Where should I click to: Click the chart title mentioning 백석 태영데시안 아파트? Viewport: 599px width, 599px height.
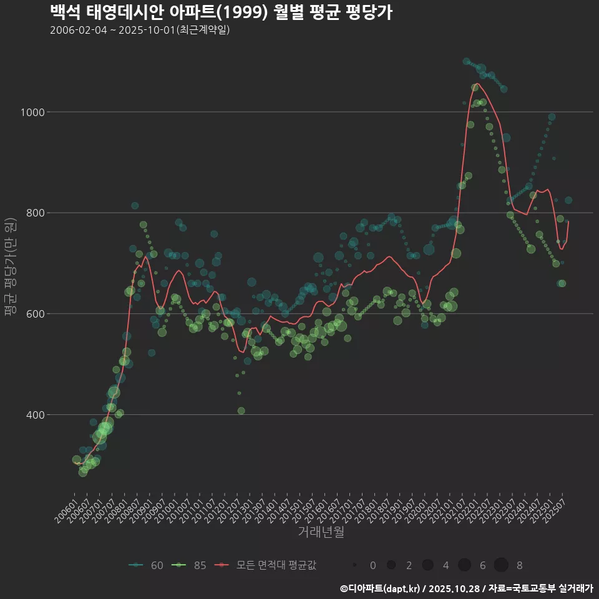pos(221,12)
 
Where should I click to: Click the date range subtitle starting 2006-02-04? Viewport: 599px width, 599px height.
pos(140,30)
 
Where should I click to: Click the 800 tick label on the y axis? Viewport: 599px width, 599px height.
pos(32,213)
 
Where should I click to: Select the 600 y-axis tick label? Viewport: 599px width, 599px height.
pos(32,314)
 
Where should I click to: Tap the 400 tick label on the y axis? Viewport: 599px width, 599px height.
pos(32,415)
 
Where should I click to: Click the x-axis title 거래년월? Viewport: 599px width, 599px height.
pos(321,532)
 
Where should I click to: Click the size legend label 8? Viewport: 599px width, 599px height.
pos(519,565)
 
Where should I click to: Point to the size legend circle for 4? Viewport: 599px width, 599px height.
pos(427,565)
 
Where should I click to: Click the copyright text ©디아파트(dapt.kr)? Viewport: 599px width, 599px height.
pos(381,588)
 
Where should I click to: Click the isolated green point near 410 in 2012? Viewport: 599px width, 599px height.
pos(241,411)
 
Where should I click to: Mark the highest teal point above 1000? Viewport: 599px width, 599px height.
pos(466,61)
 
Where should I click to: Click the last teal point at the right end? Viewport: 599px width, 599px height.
pos(568,200)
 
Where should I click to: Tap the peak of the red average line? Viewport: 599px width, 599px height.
pos(477,84)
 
